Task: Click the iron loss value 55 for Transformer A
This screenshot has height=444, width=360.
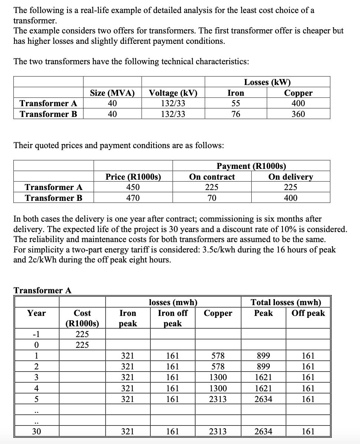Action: [236, 103]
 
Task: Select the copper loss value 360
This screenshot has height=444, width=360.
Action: [298, 114]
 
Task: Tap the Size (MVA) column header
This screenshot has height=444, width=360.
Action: [112, 93]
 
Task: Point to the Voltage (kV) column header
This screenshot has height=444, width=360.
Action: [173, 93]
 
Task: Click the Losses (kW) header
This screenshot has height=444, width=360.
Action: [267, 82]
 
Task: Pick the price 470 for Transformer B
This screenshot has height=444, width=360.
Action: [133, 198]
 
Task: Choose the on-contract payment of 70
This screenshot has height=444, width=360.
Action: [212, 198]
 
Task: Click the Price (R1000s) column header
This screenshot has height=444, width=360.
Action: [133, 177]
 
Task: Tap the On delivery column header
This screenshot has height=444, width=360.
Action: [290, 177]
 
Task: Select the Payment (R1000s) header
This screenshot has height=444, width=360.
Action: [251, 166]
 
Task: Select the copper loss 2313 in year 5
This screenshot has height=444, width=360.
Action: [218, 399]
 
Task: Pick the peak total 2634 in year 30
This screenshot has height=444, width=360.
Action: [263, 431]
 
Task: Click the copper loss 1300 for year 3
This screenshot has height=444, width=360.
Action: [218, 378]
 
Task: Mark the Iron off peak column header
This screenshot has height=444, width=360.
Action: [173, 318]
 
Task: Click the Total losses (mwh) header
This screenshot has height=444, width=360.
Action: [286, 302]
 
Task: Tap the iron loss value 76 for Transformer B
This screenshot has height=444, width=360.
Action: [236, 114]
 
